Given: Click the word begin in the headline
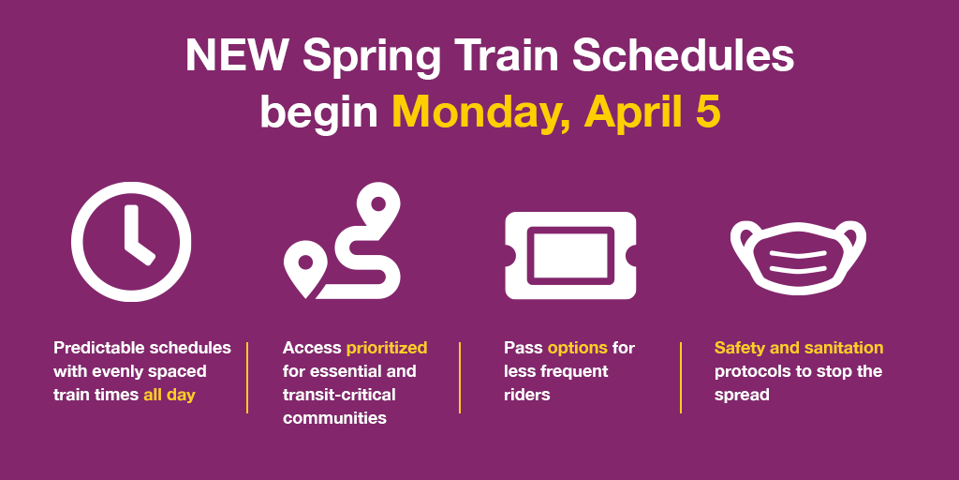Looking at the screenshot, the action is [319, 113].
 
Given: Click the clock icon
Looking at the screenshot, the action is [131, 242].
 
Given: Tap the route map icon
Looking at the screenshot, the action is [343, 241].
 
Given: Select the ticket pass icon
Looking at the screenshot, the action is [570, 255].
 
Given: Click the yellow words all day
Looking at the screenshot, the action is [170, 395].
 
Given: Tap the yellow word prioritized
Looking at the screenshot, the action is [387, 349].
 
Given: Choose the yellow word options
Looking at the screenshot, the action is [577, 349].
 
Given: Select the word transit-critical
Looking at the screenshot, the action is [339, 395].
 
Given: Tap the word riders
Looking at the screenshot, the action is [526, 395].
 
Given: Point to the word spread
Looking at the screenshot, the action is [742, 396].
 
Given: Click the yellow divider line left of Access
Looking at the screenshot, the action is [247, 378].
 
